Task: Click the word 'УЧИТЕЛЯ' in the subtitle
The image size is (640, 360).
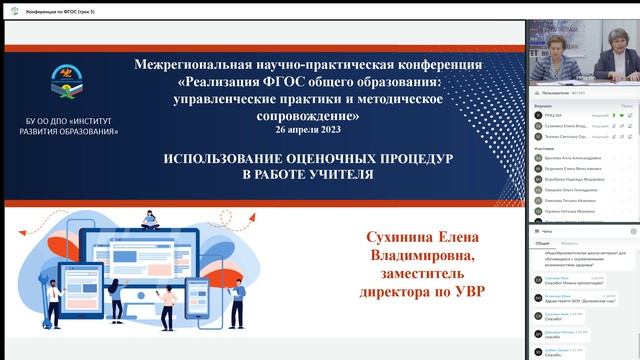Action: (x=335, y=174)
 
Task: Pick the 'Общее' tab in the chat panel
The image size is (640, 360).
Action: (x=542, y=243)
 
